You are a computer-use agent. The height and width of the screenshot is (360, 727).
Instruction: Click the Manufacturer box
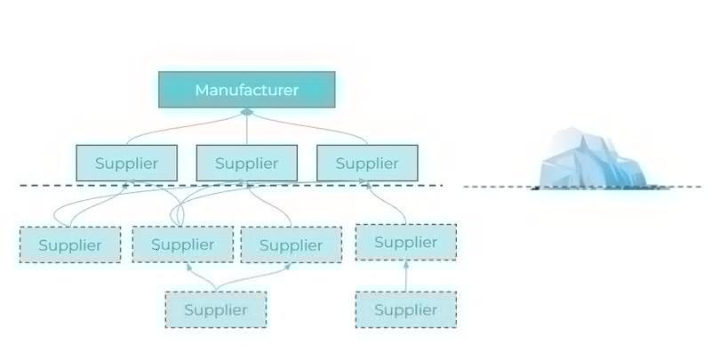[247, 90]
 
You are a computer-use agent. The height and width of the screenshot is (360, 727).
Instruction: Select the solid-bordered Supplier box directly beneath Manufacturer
[247, 163]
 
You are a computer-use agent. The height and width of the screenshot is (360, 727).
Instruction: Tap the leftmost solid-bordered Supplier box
[126, 163]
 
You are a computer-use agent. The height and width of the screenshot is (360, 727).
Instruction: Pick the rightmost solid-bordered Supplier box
[367, 163]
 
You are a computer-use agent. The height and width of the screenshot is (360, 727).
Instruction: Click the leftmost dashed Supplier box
[70, 245]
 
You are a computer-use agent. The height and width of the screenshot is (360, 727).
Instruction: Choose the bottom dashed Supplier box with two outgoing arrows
[216, 310]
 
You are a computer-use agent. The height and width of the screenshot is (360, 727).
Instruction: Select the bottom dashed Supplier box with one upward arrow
[405, 310]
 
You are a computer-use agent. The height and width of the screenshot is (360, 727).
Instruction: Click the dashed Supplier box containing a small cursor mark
[183, 244]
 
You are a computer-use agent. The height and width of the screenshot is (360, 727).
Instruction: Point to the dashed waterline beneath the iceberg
[582, 187]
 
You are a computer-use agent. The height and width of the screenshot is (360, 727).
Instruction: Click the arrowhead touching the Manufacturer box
[247, 112]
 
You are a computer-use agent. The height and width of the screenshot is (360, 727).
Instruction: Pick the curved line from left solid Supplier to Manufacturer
[181, 124]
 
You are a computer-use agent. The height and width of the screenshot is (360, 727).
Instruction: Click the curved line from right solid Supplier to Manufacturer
[311, 124]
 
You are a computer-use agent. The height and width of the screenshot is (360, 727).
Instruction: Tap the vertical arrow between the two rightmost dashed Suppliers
[406, 276]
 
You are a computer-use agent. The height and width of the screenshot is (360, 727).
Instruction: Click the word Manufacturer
[247, 90]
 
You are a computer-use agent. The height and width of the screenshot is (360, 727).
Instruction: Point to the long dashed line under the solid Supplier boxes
[231, 186]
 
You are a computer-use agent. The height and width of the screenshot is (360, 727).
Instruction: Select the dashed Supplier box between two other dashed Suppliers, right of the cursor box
[292, 245]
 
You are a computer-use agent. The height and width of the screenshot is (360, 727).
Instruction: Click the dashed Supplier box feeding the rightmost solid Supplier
[405, 242]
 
